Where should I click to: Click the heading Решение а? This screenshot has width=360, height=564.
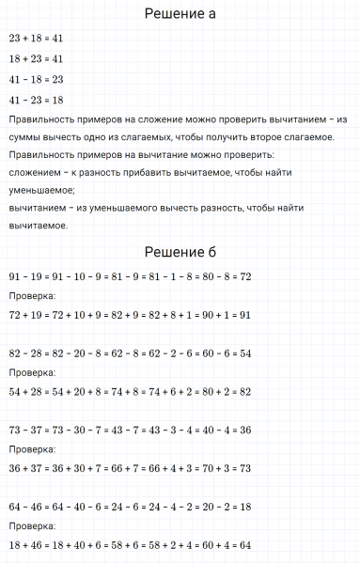[x=180, y=14]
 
